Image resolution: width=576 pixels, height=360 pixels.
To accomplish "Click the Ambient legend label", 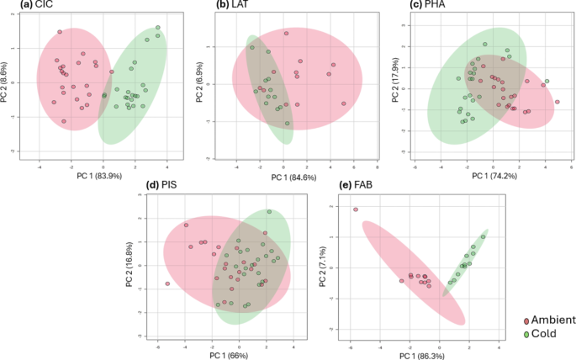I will [x=549, y=320].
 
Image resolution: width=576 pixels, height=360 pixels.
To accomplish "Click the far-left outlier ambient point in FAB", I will [x=356, y=209].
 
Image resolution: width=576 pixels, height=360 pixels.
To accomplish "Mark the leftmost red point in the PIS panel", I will [x=167, y=284].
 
